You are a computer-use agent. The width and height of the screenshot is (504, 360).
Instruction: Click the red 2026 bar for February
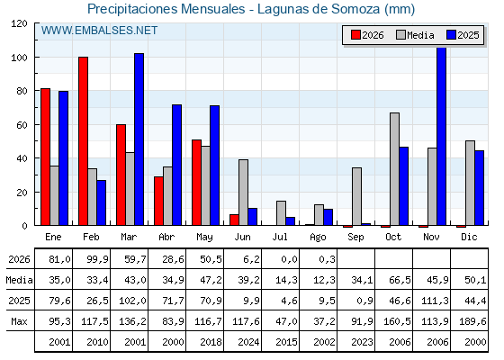(x=83, y=141)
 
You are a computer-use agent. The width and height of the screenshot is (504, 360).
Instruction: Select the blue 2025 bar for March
(x=139, y=139)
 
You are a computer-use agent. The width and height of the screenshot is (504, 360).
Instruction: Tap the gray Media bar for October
(x=395, y=169)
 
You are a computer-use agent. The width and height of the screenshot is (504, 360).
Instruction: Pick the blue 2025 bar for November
(x=442, y=136)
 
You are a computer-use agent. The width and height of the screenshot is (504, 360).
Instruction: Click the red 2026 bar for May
(x=197, y=183)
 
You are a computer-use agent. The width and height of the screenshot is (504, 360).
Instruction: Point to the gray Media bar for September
(x=356, y=196)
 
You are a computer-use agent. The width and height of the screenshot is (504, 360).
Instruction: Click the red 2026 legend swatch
(x=355, y=35)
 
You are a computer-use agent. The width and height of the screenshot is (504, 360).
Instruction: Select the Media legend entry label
(x=420, y=35)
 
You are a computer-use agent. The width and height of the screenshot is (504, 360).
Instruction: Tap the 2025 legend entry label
(x=468, y=35)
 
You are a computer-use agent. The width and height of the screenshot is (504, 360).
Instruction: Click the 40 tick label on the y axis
(x=22, y=158)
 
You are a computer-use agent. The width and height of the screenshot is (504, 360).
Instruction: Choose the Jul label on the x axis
(x=280, y=238)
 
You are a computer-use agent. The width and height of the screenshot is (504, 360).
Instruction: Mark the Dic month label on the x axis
(x=469, y=238)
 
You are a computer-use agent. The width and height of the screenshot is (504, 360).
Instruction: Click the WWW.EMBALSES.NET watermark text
(x=99, y=31)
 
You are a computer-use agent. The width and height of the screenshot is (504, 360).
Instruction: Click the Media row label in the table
(x=19, y=280)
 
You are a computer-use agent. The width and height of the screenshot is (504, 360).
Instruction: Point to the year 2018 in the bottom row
(x=211, y=342)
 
